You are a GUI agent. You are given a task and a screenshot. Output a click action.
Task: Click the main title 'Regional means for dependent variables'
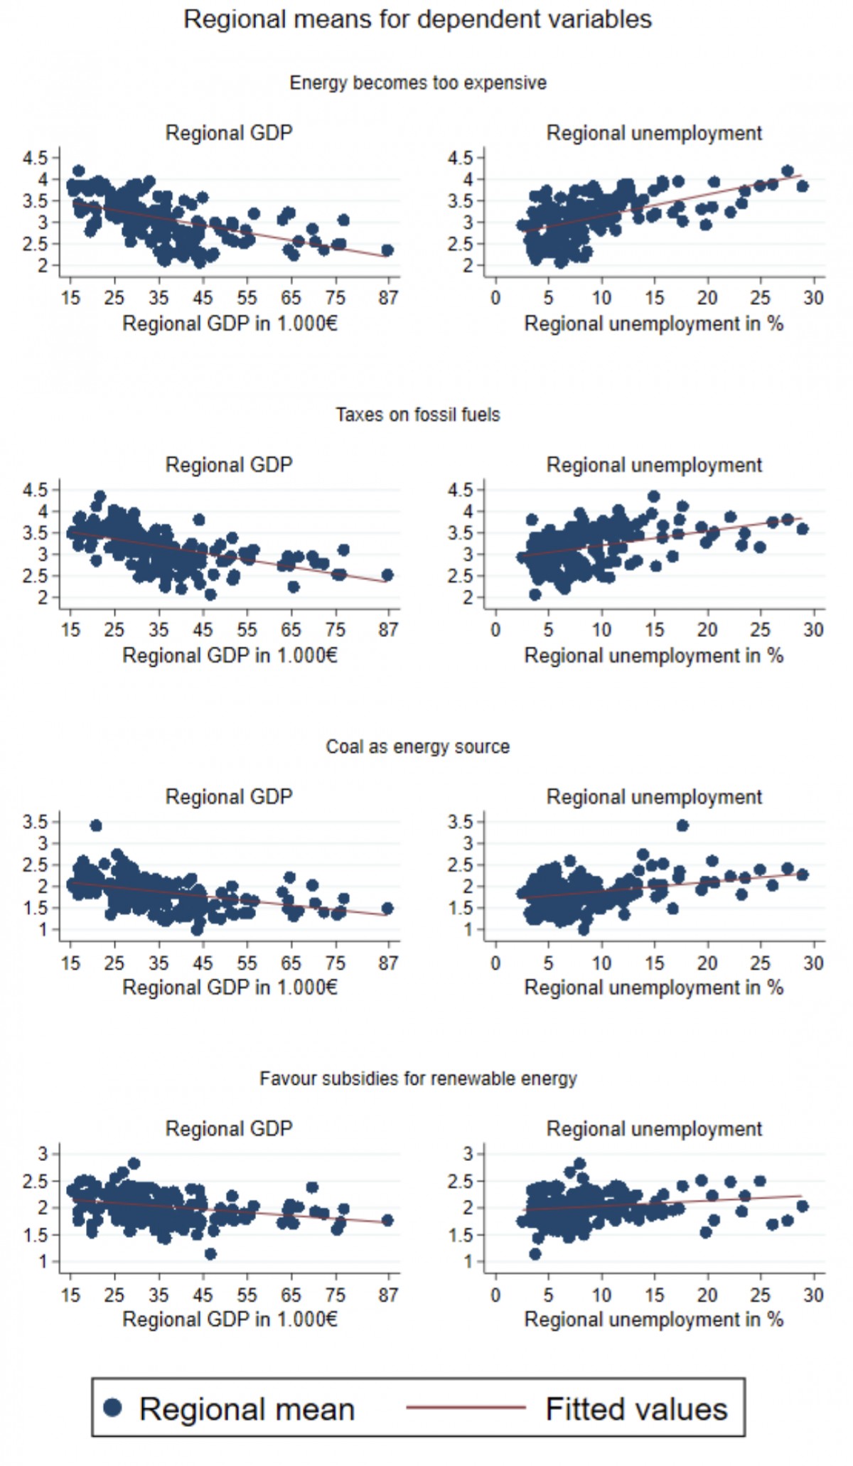pyautogui.click(x=417, y=19)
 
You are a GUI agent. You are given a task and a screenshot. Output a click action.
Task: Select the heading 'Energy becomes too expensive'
pyautogui.click(x=418, y=83)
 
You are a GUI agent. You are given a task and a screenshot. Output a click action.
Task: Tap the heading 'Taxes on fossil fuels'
pyautogui.click(x=418, y=415)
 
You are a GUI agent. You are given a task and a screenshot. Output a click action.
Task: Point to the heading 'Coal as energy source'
pyautogui.click(x=418, y=747)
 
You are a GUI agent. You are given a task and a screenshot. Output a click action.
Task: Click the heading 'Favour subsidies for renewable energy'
pyautogui.click(x=418, y=1079)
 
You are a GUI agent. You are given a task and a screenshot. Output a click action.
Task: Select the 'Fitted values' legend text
pyautogui.click(x=636, y=1409)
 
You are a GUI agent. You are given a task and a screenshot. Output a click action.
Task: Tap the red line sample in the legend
pyautogui.click(x=466, y=1407)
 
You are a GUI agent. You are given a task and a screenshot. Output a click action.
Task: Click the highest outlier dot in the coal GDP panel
pyautogui.click(x=96, y=825)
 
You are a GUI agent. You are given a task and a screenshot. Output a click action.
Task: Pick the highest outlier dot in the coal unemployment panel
pyautogui.click(x=682, y=825)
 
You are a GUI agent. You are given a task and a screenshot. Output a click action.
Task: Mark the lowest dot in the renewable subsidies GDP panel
pyautogui.click(x=210, y=1254)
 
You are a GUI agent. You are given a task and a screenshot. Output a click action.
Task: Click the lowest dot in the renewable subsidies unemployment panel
pyautogui.click(x=535, y=1254)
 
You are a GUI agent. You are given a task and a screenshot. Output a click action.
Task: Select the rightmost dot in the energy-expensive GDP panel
pyautogui.click(x=387, y=250)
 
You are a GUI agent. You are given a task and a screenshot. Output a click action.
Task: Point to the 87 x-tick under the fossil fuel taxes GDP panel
pyautogui.click(x=388, y=630)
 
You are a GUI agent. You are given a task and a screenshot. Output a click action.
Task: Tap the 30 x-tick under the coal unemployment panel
pyautogui.click(x=813, y=963)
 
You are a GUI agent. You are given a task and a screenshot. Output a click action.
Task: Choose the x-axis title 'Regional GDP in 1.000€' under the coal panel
pyautogui.click(x=230, y=988)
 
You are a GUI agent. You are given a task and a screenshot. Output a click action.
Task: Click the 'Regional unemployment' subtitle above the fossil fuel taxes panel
pyautogui.click(x=654, y=466)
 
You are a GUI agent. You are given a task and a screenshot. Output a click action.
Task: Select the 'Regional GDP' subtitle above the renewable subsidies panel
pyautogui.click(x=229, y=1129)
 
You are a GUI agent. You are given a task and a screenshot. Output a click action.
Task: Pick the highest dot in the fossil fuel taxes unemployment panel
pyautogui.click(x=654, y=496)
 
